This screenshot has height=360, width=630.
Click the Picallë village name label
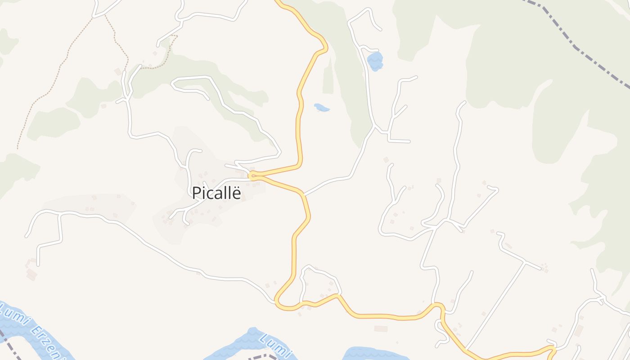(x=216, y=193)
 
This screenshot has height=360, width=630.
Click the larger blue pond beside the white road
(x=375, y=61)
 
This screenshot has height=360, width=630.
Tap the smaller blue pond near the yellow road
(x=321, y=108)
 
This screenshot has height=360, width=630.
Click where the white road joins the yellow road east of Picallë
(x=304, y=195)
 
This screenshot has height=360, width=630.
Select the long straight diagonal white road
(x=495, y=306)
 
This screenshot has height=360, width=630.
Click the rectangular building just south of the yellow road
(x=380, y=328)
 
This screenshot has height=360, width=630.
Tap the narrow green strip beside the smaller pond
(x=328, y=79)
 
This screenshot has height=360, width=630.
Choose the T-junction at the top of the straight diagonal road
(x=525, y=262)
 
